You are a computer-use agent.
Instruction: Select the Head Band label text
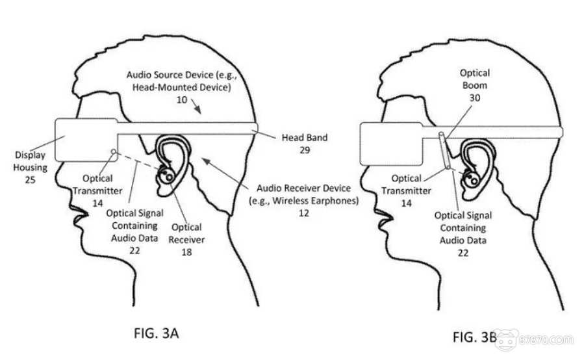[304, 138]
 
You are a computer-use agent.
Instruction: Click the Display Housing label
[31, 162]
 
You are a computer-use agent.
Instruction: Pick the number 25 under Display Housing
[31, 179]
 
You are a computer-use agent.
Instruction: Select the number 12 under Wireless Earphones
[304, 213]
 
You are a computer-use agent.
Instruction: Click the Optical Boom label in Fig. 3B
[475, 79]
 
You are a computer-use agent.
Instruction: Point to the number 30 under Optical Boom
[475, 97]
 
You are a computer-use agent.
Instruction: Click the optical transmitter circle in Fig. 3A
[114, 153]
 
